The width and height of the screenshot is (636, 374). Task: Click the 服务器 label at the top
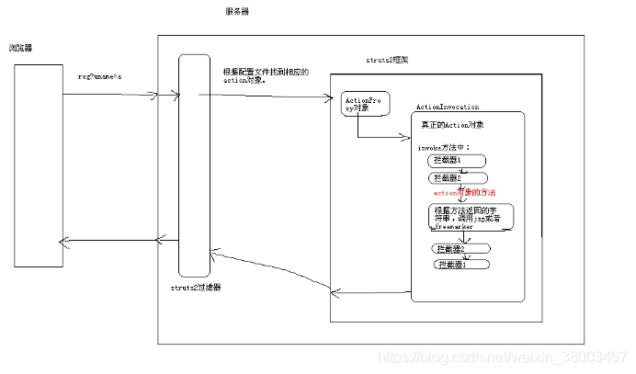(x=236, y=11)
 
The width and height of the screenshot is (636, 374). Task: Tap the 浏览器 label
(x=22, y=48)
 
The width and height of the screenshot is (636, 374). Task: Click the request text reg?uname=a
(x=99, y=80)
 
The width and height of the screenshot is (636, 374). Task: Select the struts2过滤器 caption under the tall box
(x=196, y=288)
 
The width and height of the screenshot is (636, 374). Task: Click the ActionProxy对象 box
(x=359, y=106)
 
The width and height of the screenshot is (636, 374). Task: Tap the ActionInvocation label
(x=448, y=108)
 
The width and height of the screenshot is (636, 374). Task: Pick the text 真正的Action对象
(x=452, y=124)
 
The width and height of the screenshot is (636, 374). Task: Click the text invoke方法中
(x=444, y=147)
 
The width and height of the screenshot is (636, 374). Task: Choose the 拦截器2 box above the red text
(x=458, y=177)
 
